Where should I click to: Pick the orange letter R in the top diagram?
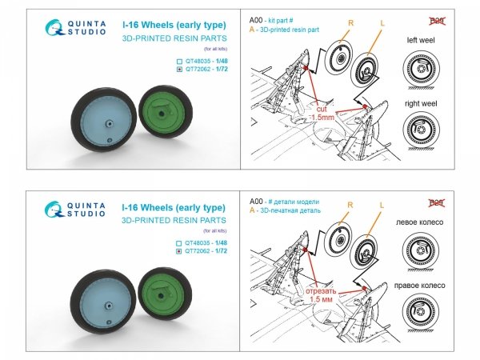pos(350,23)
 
